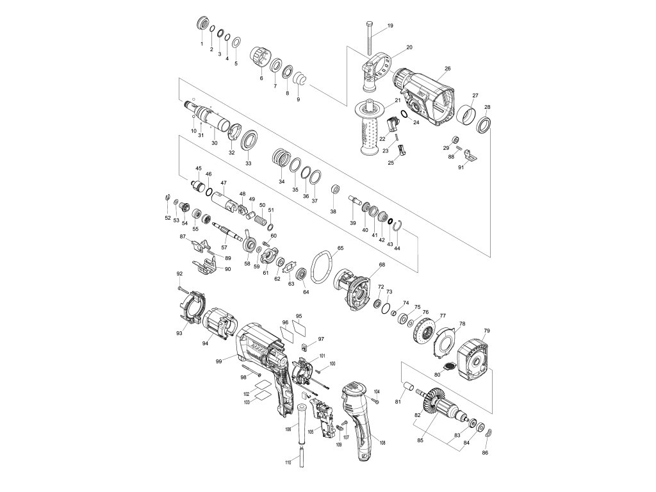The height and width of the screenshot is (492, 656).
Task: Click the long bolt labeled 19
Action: (370, 38)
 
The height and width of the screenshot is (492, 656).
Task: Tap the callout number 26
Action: (448, 69)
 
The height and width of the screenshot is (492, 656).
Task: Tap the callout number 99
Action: (219, 362)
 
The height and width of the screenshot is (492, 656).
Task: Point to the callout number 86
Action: (485, 453)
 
